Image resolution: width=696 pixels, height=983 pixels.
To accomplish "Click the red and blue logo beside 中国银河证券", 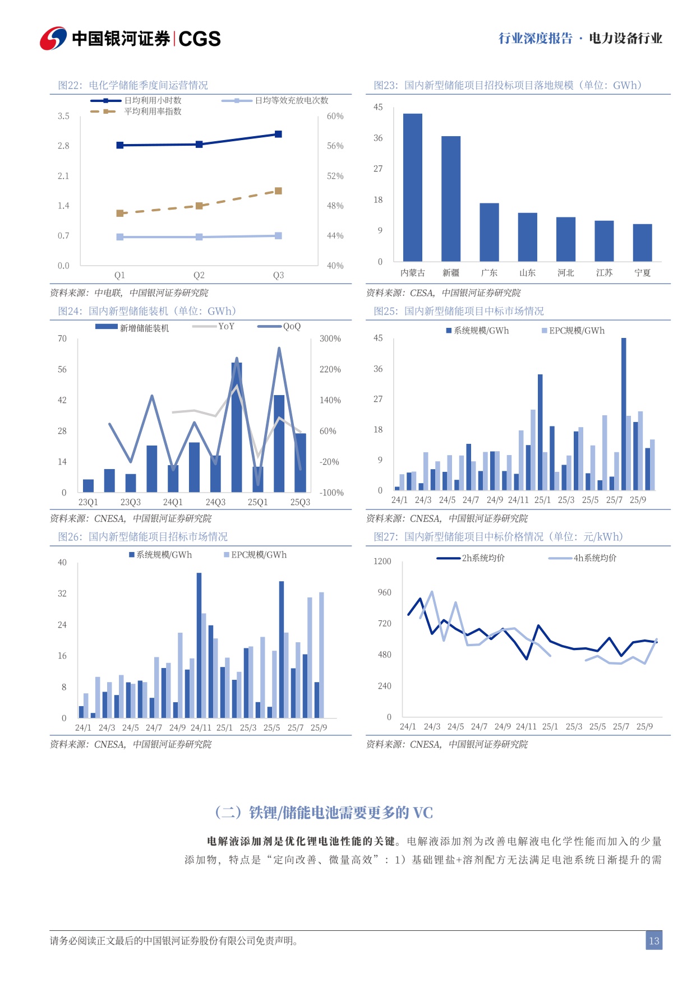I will tap(53, 38).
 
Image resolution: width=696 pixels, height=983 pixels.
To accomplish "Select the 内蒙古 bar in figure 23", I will tap(413, 187).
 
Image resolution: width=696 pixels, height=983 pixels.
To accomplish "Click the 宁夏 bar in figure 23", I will tap(642, 242).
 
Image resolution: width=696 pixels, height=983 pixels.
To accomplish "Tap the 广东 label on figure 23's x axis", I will tap(489, 273).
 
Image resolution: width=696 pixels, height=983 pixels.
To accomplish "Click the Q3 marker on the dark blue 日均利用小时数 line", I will tap(278, 134).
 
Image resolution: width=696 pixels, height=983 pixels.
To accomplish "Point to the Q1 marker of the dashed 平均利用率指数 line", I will tap(120, 213).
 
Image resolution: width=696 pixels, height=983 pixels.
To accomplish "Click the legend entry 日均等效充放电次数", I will tap(291, 100).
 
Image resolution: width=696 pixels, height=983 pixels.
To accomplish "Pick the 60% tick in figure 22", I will tap(335, 116).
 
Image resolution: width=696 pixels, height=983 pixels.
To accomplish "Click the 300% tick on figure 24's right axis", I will tap(330, 339).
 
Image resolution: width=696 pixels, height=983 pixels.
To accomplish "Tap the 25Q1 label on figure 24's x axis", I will tap(257, 502).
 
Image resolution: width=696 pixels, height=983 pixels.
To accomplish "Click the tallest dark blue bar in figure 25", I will tap(624, 415).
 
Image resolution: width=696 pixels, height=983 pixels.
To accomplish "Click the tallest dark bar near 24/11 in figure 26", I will tap(199, 644).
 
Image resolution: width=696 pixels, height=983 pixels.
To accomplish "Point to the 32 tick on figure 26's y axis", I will tap(62, 593).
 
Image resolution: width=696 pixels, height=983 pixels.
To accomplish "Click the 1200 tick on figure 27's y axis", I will tap(382, 562).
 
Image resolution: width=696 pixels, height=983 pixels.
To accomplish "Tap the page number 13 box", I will tap(653, 941).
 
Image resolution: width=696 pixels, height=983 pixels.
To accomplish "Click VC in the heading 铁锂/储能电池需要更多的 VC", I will tap(423, 813).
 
